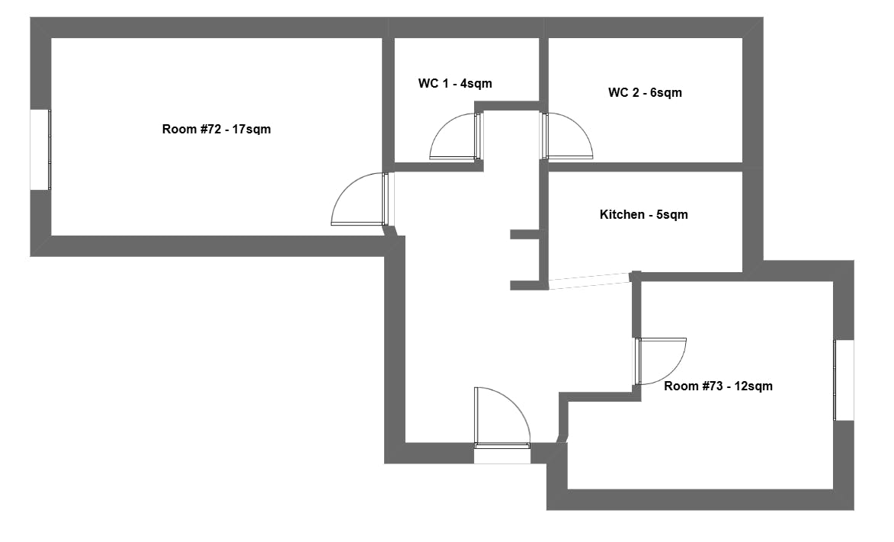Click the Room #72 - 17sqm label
(x=216, y=130)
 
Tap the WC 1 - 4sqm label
(x=455, y=84)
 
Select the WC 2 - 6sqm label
(x=645, y=93)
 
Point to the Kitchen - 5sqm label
(x=643, y=215)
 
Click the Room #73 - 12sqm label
(x=718, y=386)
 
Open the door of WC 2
(x=568, y=137)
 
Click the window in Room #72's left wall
(x=40, y=150)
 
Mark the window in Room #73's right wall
(x=844, y=380)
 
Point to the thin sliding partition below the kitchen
(x=589, y=281)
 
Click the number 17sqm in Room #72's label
(x=252, y=130)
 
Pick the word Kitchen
(x=622, y=215)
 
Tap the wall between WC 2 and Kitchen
(x=645, y=167)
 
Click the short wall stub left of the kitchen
(x=524, y=235)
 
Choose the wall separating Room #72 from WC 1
(x=388, y=99)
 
